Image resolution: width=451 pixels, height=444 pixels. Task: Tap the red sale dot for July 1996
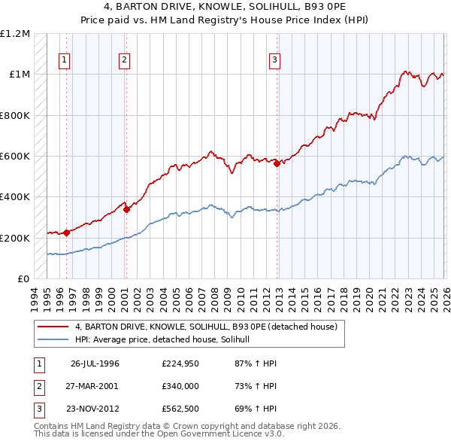tap(67, 233)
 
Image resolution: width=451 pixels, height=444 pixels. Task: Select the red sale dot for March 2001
tap(126, 210)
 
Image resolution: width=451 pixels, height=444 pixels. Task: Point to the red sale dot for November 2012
tap(277, 163)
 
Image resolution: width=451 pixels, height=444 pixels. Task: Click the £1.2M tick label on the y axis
tap(15, 34)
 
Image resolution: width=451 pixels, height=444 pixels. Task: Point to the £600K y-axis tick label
tap(15, 157)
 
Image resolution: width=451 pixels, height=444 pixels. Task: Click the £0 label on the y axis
tap(24, 279)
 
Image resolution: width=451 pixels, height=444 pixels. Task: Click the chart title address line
tap(225, 7)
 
